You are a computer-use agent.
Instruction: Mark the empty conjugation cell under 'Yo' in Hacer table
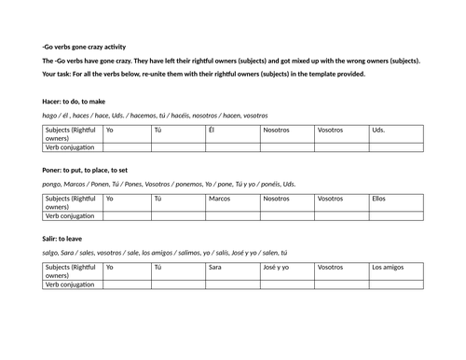click(127, 146)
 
